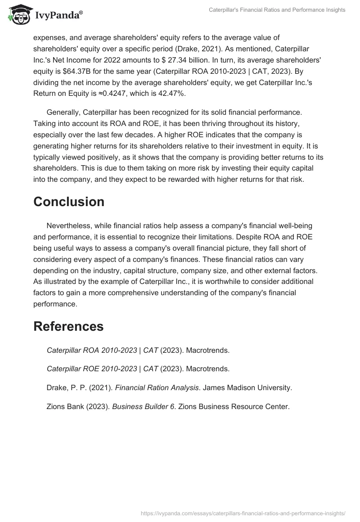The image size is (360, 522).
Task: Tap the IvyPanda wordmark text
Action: click(x=58, y=15)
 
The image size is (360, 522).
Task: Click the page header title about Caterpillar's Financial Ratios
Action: click(x=277, y=10)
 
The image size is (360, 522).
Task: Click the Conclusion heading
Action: click(x=69, y=202)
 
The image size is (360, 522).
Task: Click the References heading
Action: click(x=68, y=326)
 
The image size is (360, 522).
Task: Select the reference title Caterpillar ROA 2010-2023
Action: click(x=92, y=350)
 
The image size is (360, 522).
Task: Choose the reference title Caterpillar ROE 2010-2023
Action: click(x=92, y=369)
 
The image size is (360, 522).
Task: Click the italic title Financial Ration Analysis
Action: click(x=157, y=387)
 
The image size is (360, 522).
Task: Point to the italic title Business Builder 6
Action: click(x=143, y=406)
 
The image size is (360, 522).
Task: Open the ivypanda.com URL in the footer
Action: click(x=243, y=513)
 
